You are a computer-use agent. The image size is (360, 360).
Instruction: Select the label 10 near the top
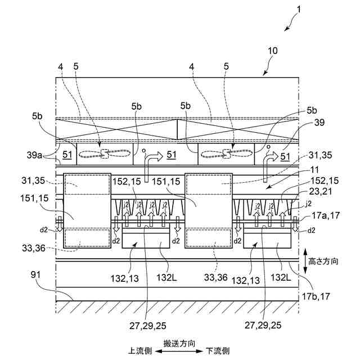tap(272, 51)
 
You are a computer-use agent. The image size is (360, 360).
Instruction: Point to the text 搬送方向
tap(179, 343)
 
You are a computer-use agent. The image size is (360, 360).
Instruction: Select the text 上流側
tap(140, 350)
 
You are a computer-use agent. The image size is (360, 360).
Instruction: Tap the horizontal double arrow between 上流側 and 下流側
tap(179, 350)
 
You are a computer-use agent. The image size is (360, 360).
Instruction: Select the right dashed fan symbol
tap(227, 152)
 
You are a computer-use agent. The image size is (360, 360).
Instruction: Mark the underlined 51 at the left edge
tap(67, 155)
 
